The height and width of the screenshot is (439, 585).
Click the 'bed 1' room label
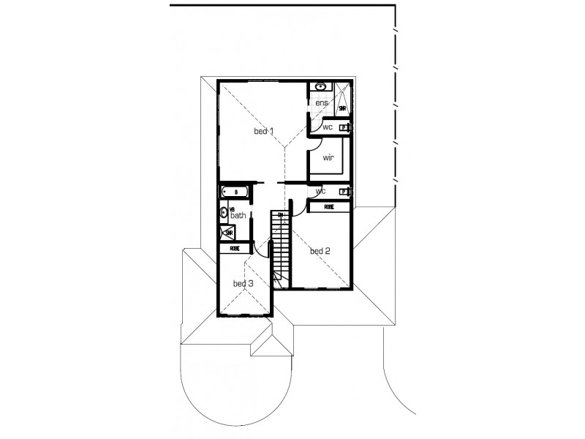[263, 132]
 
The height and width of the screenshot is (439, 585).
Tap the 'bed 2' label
[320, 251]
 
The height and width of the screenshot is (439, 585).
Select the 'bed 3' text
[243, 283]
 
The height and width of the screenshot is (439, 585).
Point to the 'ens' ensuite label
[322, 103]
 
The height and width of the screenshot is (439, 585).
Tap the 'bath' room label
[238, 216]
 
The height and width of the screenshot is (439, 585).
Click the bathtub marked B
[235, 192]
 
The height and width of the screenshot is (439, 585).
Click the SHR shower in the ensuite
[341, 108]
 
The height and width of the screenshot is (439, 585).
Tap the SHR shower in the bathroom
[228, 233]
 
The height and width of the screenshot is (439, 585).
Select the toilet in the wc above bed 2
[344, 192]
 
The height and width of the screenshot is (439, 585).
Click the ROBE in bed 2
[329, 207]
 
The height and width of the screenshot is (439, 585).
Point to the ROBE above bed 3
[234, 248]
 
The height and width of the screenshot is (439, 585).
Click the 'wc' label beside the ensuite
[328, 127]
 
